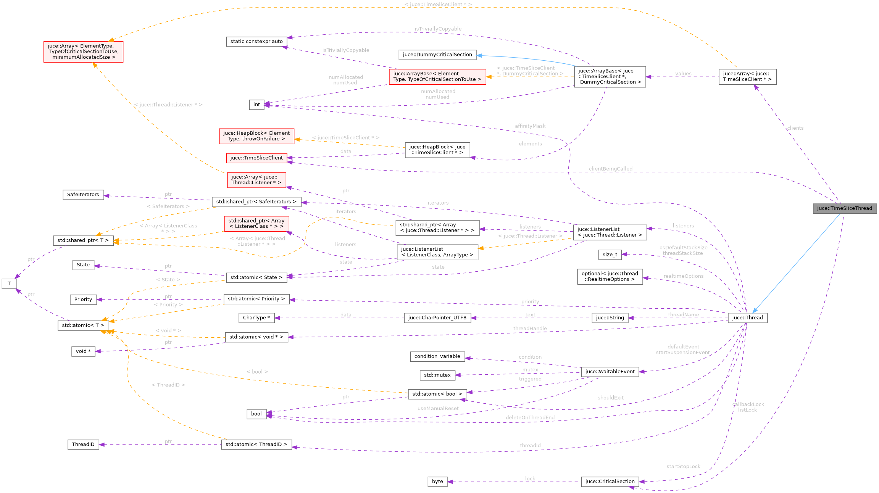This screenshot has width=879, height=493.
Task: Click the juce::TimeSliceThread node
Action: click(844, 208)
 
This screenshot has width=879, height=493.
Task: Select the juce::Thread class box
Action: click(747, 317)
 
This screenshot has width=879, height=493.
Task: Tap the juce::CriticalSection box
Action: click(610, 482)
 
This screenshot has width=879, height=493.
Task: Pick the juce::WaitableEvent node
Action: click(610, 372)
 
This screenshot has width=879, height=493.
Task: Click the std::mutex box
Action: click(437, 375)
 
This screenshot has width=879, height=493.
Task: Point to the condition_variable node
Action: click(437, 356)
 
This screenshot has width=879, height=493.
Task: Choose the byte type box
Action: click(437, 482)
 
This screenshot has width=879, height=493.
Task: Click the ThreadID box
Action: click(83, 444)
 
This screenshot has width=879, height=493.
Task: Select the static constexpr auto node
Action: click(256, 41)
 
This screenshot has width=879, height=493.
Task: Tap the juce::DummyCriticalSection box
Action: click(437, 55)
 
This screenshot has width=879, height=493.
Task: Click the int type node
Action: click(256, 105)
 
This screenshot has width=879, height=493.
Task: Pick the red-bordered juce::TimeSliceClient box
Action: click(256, 158)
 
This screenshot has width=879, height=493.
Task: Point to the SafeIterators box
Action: click(83, 195)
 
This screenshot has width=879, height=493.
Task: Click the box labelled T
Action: click(9, 284)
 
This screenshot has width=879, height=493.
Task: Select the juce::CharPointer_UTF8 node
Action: click(437, 318)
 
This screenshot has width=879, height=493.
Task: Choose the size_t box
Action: click(610, 255)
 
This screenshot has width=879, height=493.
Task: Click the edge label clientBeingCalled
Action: click(610, 169)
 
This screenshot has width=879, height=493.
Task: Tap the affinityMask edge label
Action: click(530, 126)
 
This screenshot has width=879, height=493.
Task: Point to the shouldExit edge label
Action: click(610, 398)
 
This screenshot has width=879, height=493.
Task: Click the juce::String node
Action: click(610, 318)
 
